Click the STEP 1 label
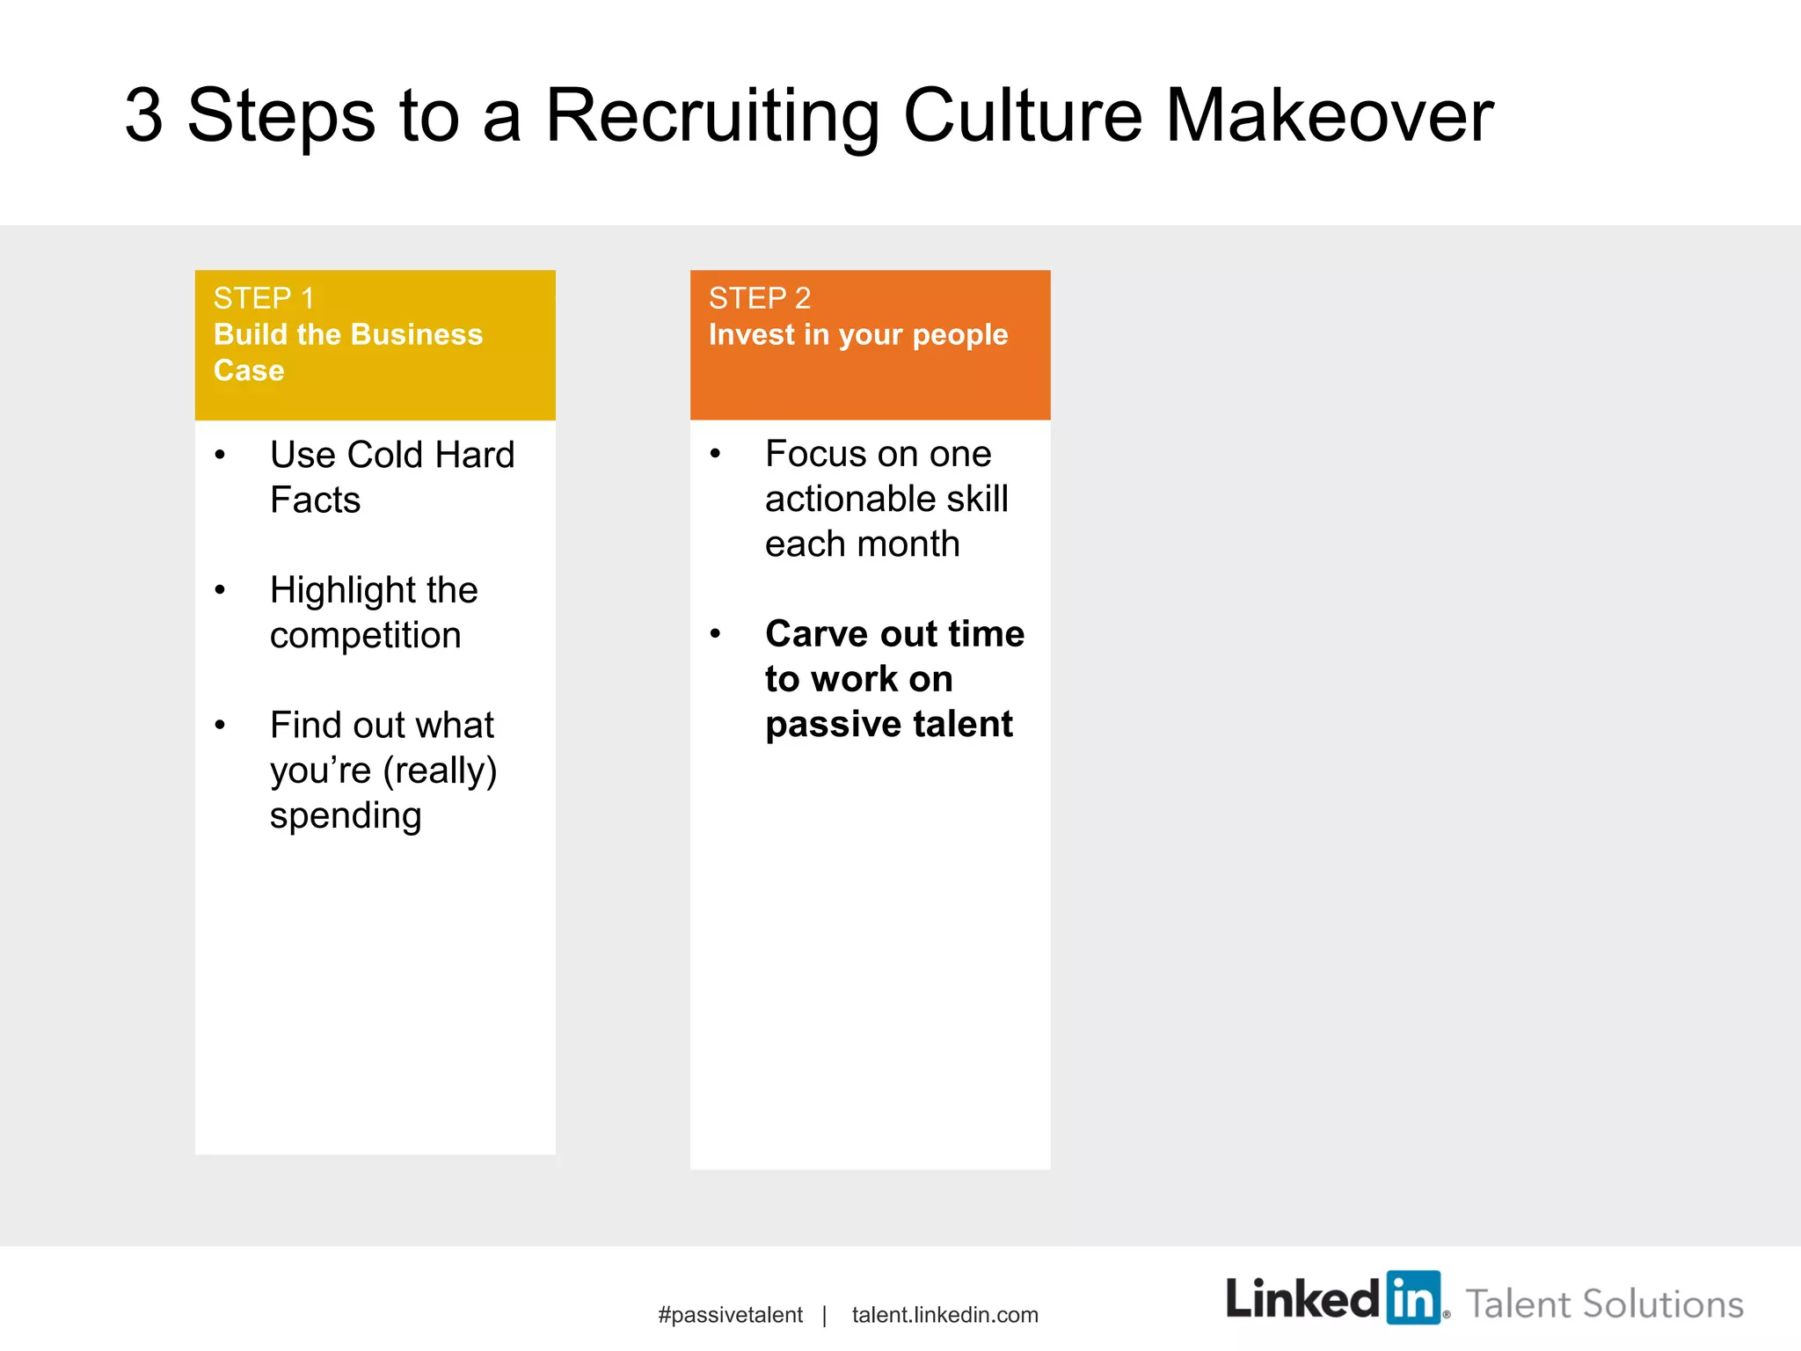coord(263,299)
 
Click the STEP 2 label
coord(759,299)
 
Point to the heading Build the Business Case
coord(347,352)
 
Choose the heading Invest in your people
coord(857,335)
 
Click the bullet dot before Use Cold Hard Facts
coord(220,456)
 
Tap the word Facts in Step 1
coord(315,500)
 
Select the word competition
coord(365,636)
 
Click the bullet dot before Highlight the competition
coord(220,590)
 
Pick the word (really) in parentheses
coord(440,771)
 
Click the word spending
coord(346,816)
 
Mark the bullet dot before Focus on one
coord(716,455)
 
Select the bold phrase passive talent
coord(888,725)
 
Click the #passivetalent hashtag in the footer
coord(730,1315)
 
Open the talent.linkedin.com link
coord(944,1315)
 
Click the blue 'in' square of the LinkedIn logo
coord(1413,1297)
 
